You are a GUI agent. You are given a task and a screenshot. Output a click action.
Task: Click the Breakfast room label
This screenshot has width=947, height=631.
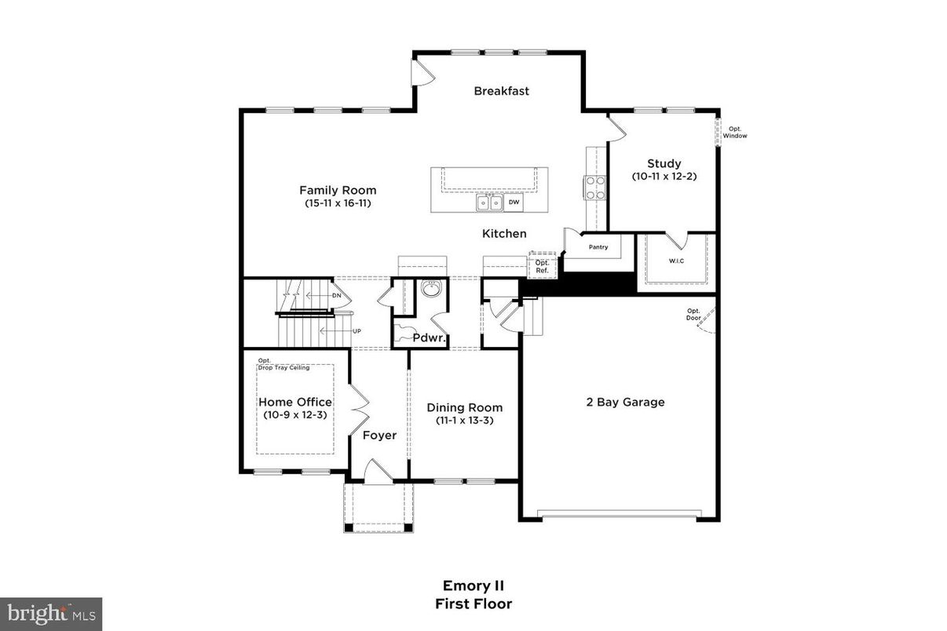501,91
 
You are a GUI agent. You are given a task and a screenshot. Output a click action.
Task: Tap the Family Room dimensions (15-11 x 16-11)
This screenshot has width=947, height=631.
338,203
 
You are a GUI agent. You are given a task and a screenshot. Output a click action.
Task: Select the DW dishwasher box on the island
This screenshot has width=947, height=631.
514,202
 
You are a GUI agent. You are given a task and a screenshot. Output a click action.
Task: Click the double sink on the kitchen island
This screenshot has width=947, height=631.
490,203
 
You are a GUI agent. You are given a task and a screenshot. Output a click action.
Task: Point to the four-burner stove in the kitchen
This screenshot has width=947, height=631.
594,186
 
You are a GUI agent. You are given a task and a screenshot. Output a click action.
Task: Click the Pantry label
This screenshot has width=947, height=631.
598,247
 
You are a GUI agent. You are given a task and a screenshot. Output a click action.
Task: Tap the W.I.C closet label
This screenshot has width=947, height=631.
676,261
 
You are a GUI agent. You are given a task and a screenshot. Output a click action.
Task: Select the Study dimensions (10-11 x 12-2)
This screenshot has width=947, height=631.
664,177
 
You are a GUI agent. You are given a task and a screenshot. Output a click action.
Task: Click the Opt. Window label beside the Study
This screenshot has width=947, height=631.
735,133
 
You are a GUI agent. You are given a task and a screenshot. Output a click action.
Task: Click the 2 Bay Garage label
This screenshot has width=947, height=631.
625,403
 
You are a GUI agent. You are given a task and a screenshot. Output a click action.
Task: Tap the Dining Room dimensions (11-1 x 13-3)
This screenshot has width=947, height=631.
464,421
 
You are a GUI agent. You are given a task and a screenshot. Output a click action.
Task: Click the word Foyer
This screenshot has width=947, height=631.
379,436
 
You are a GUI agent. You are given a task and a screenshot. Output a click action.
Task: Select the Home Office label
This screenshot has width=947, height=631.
295,402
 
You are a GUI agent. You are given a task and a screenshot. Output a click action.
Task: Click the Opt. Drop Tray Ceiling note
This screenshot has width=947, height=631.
283,364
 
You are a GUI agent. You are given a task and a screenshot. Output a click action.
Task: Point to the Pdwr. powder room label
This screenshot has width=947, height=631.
430,339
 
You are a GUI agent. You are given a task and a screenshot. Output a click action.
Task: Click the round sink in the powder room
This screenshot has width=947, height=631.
430,290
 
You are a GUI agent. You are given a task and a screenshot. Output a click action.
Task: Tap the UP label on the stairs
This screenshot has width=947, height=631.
356,331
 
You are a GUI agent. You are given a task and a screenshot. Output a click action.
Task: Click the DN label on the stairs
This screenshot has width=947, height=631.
337,296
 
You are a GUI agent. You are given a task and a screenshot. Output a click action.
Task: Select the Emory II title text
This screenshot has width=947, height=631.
473,585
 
